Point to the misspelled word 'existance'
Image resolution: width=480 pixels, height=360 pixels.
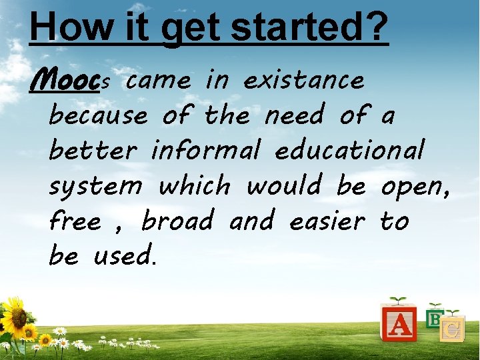pos(304,81)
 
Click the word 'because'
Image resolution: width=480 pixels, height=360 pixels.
pos(98,116)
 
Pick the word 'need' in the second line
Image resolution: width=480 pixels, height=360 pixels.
pos(294,116)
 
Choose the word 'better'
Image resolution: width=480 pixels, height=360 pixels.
pos(93,151)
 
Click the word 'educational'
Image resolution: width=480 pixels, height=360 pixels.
pos(349,151)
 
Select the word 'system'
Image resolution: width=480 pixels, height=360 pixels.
pos(96,187)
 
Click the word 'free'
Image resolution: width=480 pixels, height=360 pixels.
pos(75,221)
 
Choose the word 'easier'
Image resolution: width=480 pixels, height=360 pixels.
pos(327,221)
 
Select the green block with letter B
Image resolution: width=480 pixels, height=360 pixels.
pos(435,319)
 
